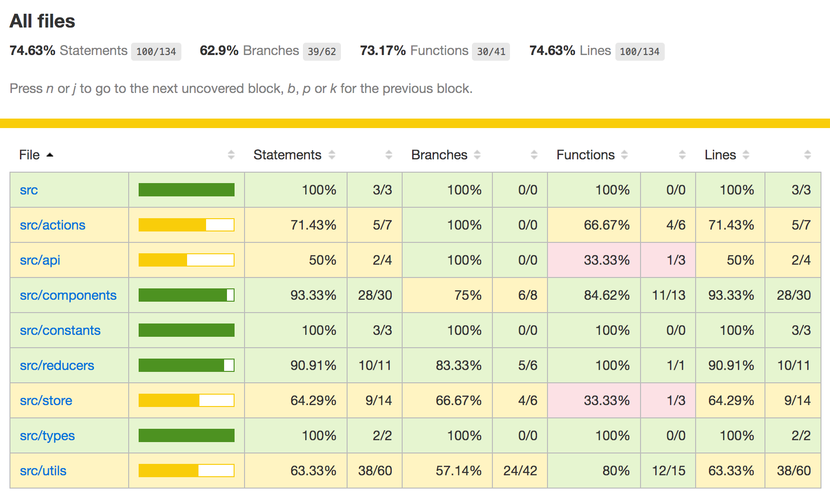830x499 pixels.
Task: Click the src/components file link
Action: point(68,295)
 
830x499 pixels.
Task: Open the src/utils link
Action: point(43,471)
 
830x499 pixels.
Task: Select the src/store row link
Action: point(46,400)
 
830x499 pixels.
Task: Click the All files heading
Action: point(42,21)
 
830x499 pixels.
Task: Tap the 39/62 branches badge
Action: point(321,52)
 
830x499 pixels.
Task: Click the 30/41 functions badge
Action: point(490,52)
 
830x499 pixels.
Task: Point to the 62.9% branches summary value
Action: point(219,51)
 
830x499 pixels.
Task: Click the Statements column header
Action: point(287,155)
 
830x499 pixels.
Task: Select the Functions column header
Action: point(585,155)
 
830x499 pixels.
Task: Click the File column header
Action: point(29,155)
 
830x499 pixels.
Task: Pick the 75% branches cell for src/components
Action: point(468,295)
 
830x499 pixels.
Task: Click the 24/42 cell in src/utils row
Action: point(520,471)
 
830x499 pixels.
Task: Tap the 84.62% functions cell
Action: point(606,295)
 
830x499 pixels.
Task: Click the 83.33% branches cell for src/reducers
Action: point(458,365)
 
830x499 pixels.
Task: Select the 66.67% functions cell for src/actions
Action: point(606,225)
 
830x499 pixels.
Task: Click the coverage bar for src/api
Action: point(187,260)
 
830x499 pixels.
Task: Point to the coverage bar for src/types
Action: point(187,435)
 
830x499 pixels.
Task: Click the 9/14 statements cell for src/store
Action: point(378,400)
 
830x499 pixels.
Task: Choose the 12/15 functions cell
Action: point(668,471)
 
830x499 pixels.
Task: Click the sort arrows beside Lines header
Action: point(746,155)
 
